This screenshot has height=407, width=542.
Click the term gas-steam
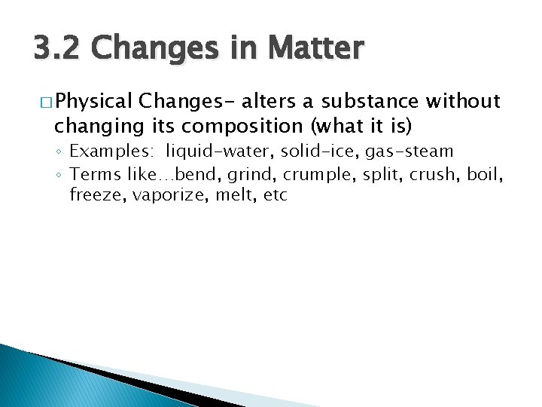pyautogui.click(x=410, y=151)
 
